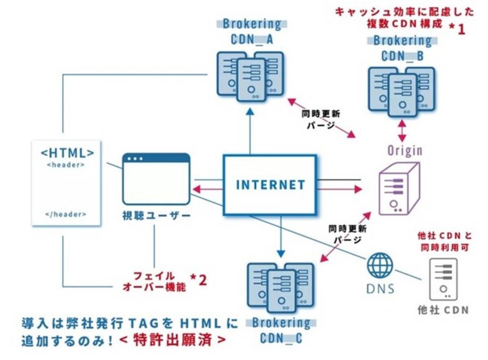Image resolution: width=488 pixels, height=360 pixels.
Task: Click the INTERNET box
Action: pyautogui.click(x=270, y=184)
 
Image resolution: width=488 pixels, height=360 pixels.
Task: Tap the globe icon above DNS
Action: pyautogui.click(x=380, y=266)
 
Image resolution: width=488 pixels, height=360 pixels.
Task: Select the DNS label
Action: pyautogui.click(x=380, y=288)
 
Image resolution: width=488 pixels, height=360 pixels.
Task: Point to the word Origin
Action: pyautogui.click(x=404, y=151)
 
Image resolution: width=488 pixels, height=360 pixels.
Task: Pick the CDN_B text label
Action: pyautogui.click(x=402, y=56)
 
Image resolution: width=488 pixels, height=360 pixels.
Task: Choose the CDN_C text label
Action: pyautogui.click(x=281, y=338)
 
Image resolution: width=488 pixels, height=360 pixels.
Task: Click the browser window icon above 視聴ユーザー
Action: pyautogui.click(x=157, y=179)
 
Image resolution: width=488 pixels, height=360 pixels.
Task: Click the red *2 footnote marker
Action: pyautogui.click(x=199, y=280)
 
